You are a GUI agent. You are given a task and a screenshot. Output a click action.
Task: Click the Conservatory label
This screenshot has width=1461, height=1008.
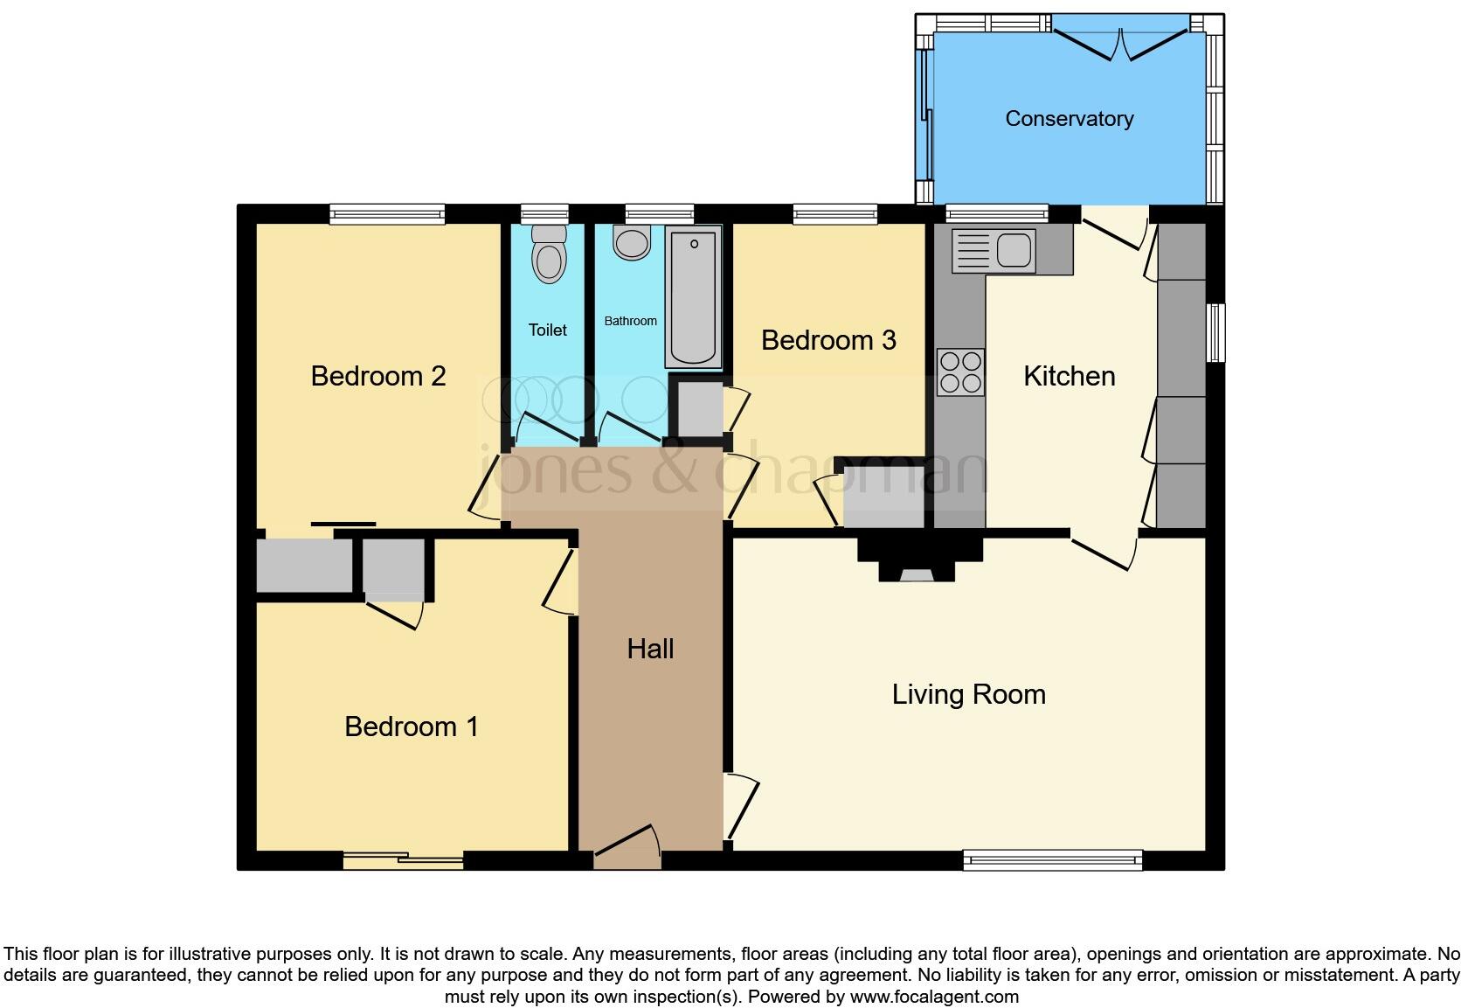1069,119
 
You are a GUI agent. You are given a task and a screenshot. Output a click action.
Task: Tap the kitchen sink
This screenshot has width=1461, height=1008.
1013,249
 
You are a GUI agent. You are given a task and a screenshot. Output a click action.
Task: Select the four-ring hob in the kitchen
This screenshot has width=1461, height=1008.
960,372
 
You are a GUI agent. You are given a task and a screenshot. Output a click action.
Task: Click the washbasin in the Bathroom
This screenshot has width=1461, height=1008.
632,242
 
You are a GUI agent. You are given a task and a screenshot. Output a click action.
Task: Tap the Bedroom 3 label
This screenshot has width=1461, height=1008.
828,340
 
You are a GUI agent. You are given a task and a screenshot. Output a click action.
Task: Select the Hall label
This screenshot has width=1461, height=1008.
650,649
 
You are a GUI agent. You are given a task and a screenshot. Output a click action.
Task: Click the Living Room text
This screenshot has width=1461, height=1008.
968,694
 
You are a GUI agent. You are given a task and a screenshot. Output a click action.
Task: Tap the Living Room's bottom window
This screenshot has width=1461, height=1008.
1052,859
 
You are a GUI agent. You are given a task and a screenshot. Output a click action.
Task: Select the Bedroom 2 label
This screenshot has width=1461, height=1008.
378,376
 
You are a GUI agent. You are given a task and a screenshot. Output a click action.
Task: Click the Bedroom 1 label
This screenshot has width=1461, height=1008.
411,726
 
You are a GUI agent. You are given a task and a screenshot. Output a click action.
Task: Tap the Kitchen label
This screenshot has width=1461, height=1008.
1069,376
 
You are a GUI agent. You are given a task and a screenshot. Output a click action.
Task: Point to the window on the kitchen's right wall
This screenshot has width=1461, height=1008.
1215,332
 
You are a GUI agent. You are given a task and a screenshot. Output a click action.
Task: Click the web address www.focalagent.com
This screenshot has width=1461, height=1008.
934,997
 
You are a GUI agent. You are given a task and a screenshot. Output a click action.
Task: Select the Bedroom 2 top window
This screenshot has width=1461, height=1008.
387,213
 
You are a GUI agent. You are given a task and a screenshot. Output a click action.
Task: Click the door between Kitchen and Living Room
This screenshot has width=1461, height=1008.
1103,552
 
